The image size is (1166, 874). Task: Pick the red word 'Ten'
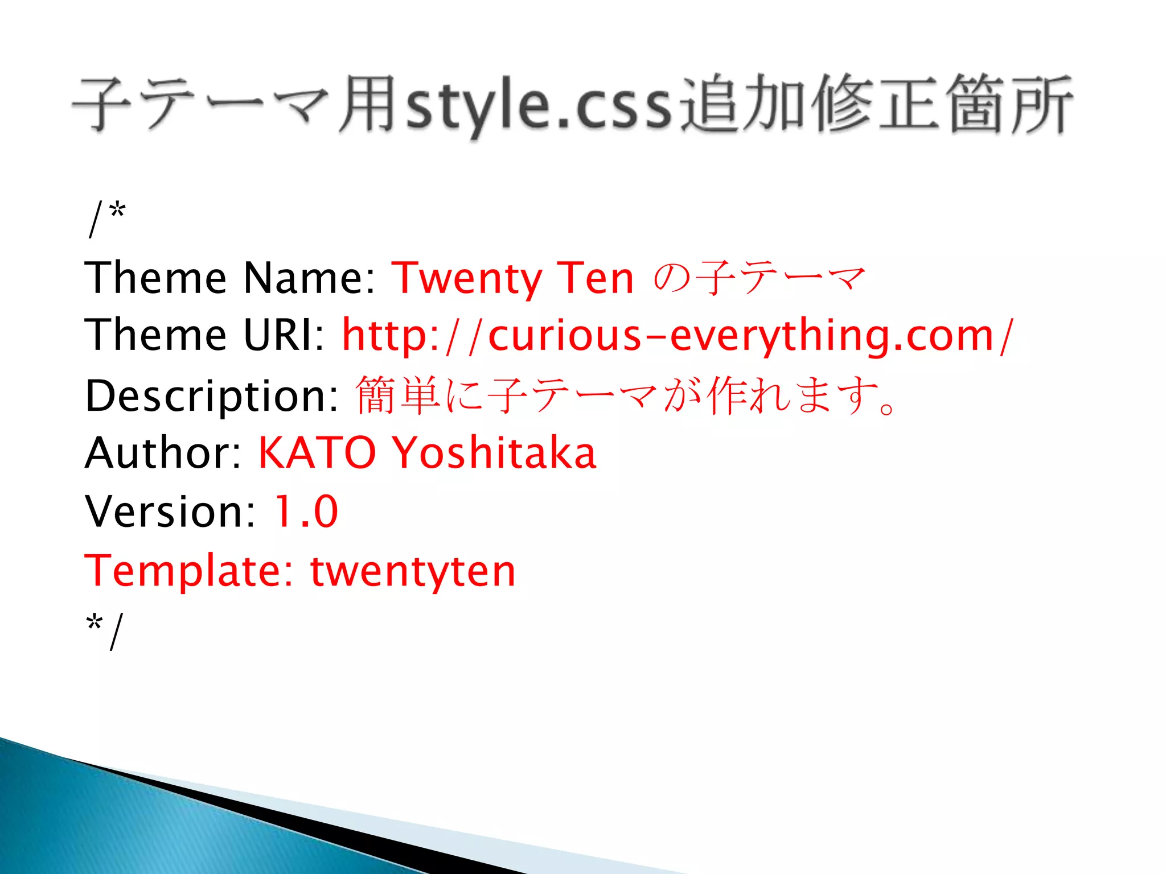[x=596, y=279]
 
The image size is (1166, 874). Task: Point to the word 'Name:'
[x=309, y=279]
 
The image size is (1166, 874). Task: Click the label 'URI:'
[x=284, y=336]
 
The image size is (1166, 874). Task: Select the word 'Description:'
[x=212, y=395]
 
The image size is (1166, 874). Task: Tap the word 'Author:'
[x=164, y=453]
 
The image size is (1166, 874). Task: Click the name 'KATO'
[x=317, y=453]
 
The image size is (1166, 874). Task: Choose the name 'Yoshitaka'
[x=495, y=453]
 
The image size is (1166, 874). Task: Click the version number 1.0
[x=306, y=512]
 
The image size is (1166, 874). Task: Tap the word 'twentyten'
[x=413, y=571]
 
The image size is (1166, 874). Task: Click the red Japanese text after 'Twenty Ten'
[x=759, y=279]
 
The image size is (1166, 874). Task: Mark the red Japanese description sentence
[x=626, y=395]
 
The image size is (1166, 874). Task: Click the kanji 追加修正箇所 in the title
[x=877, y=105]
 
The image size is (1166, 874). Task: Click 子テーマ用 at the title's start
[x=233, y=105]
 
